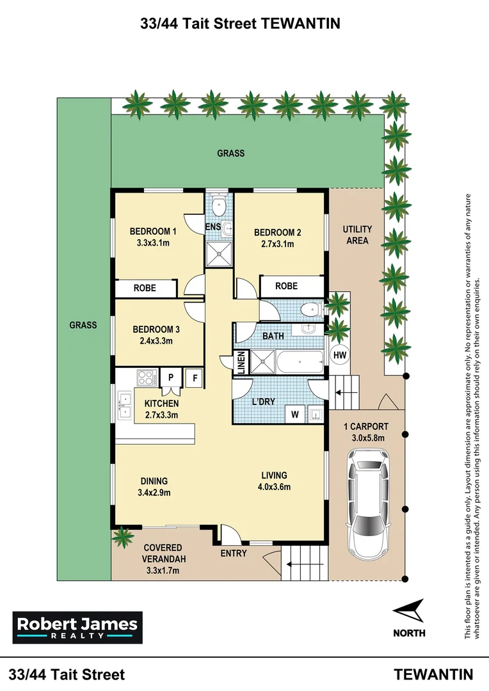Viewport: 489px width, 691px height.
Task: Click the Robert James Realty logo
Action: point(77,628)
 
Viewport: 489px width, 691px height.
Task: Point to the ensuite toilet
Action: point(219,206)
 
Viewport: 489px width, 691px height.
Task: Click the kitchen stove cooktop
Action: point(145,378)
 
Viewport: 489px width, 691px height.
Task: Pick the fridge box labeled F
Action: point(194,378)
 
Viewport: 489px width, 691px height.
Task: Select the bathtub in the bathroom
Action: point(300,363)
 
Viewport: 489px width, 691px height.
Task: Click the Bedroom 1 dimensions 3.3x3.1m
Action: point(153,243)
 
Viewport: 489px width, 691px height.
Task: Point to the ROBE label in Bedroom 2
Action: point(285,286)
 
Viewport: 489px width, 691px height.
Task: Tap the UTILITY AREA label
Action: point(357,235)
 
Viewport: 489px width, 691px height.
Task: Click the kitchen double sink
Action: point(124,405)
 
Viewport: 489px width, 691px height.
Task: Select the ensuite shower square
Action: point(219,254)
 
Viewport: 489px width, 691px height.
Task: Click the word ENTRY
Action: point(233,553)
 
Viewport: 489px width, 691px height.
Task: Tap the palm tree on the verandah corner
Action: point(120,536)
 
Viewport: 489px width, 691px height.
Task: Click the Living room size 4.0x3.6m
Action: point(275,486)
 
